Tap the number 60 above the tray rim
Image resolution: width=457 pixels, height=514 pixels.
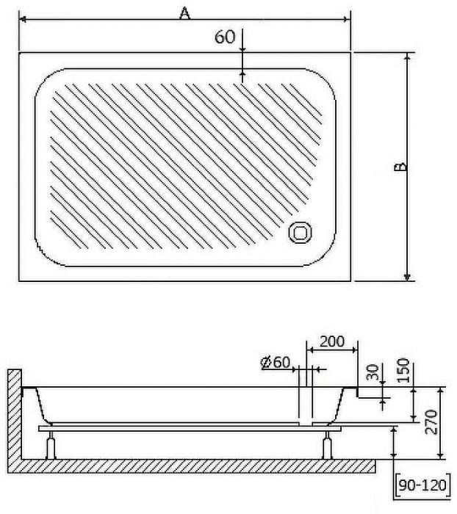click(225, 37)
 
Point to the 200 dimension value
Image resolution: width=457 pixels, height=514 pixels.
click(331, 341)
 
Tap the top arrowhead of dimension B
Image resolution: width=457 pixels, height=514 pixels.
click(407, 57)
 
